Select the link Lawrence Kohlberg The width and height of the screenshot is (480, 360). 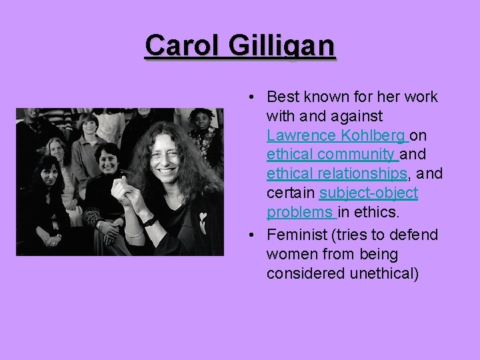pos(336,135)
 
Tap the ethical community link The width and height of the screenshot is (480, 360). pos(331,155)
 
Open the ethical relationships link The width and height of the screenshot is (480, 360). pos(337,174)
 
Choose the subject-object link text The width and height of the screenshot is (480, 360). pos(369,193)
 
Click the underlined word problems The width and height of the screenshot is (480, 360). pos(301,213)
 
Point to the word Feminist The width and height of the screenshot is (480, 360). pos(296,235)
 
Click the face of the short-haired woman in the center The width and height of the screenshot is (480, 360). pos(107,157)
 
